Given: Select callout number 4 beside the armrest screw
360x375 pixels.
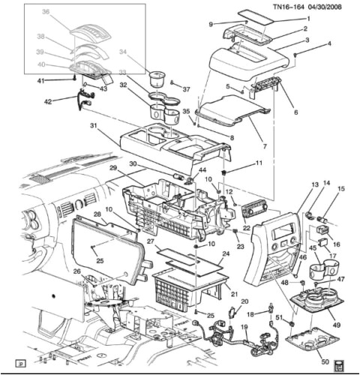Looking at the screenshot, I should pos(329,45).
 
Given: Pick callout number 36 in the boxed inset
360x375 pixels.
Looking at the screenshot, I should pos(45,13).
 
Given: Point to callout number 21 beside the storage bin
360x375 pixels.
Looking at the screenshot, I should pos(235,293).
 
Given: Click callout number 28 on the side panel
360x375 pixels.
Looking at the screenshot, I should pos(97,214).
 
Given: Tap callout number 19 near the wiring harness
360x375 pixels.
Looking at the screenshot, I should pos(244,328).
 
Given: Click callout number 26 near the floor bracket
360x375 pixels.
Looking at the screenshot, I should pos(76,271).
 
